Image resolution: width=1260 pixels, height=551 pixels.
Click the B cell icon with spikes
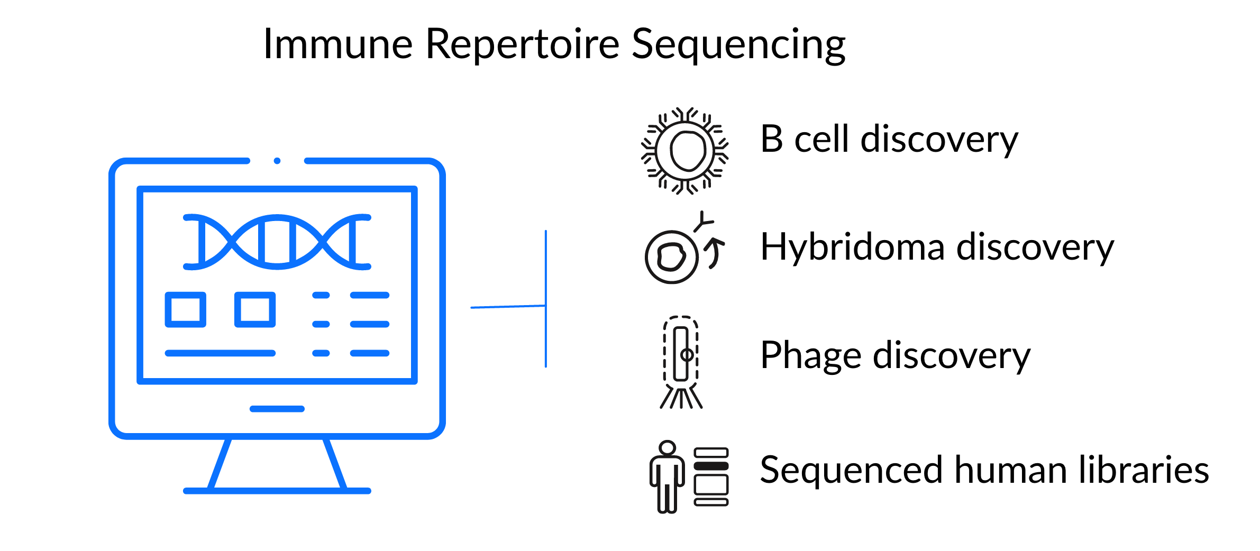pos(685,151)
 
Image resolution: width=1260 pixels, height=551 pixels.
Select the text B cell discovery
pos(889,140)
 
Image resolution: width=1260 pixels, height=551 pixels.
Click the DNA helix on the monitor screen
pos(277,242)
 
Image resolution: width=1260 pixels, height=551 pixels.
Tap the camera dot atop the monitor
pos(277,161)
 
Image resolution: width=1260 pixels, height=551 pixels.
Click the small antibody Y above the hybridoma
pos(704,221)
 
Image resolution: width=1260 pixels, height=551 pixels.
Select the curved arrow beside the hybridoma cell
pos(715,253)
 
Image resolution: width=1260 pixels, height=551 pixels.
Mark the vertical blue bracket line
pos(546,299)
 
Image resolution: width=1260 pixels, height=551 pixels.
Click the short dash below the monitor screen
pos(277,409)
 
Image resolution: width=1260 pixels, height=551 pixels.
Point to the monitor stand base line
pos(277,491)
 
